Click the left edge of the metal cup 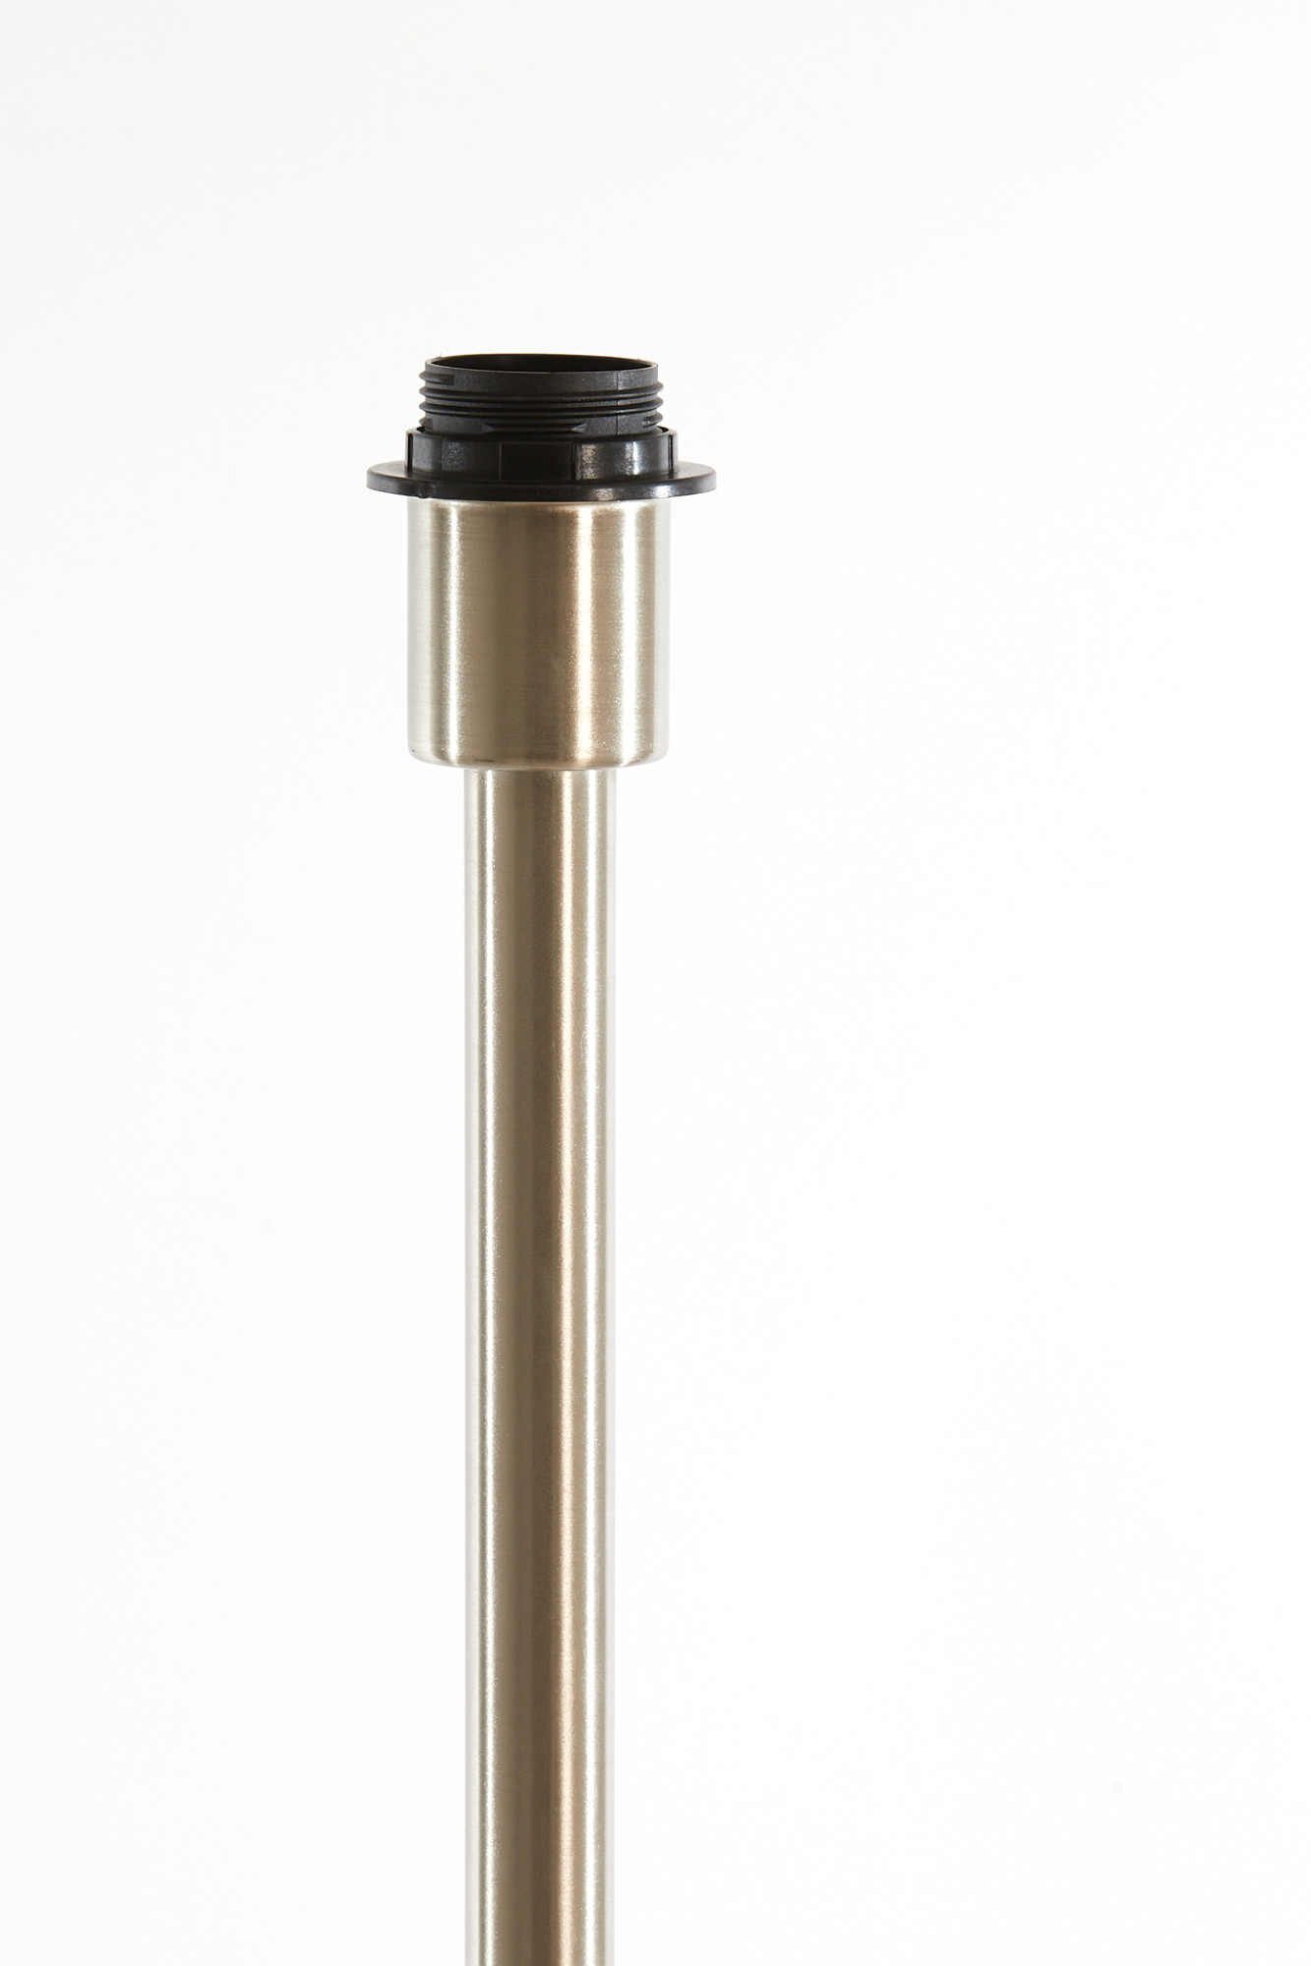[405, 619]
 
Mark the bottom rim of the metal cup [538, 761]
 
